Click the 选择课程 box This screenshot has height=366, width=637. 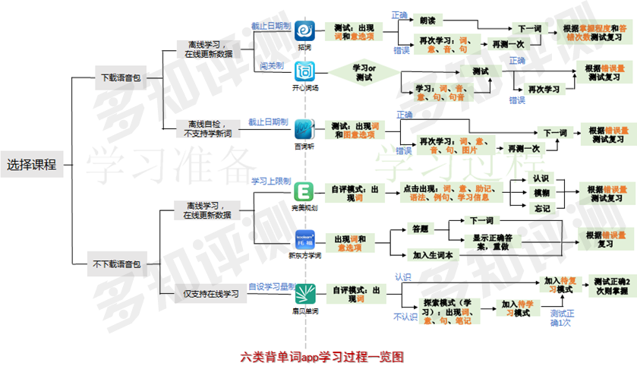click(x=32, y=164)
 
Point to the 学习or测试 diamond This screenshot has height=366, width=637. click(x=364, y=73)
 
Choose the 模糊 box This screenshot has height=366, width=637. click(x=541, y=193)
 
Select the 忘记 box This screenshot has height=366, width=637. click(x=541, y=208)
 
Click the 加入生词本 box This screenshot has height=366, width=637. click(x=433, y=255)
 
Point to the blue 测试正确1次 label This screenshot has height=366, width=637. click(x=560, y=318)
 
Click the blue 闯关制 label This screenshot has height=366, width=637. click(x=271, y=66)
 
